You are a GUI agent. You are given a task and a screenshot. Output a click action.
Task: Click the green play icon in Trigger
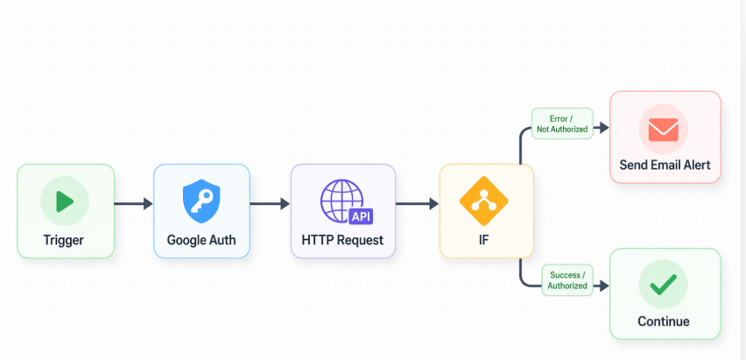coord(65,201)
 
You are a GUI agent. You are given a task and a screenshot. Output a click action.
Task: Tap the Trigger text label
coord(64,239)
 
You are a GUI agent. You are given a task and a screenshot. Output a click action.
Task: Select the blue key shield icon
coord(201,201)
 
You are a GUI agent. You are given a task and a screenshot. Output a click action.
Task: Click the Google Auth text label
coord(201,239)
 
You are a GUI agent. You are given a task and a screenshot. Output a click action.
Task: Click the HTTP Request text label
coord(342,239)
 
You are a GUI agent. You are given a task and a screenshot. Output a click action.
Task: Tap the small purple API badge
coord(360,216)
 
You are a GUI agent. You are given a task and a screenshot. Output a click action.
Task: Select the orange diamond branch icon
coord(484,201)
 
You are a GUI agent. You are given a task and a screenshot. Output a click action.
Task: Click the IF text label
coord(483,239)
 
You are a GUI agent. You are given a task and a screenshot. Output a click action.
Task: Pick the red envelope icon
coord(663,130)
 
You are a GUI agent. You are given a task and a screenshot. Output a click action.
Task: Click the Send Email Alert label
coord(665,165)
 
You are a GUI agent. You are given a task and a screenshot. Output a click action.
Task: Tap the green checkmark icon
coord(663,284)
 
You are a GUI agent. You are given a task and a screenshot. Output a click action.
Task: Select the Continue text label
coord(664,321)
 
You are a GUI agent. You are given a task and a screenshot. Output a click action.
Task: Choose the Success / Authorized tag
coord(567,280)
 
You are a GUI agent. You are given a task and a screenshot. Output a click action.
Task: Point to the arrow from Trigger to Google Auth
coord(133,204)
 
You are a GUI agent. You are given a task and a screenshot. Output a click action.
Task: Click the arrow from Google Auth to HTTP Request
coord(270,204)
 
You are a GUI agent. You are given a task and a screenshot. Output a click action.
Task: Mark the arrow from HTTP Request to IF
coord(417,204)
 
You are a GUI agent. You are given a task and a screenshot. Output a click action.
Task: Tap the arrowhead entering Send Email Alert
coord(603,128)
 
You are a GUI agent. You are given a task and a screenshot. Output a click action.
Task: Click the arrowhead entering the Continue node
coord(603,286)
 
